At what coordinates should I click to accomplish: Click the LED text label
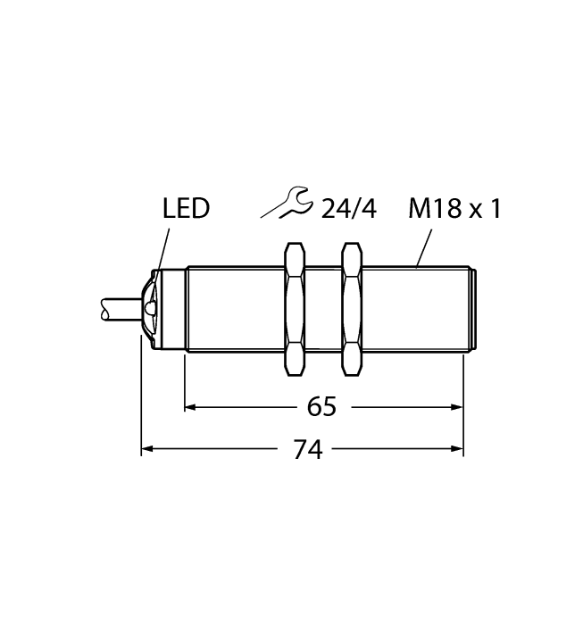pyautogui.click(x=187, y=210)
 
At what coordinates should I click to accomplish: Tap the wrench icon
pyautogui.click(x=287, y=203)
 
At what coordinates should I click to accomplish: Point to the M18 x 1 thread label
pyautogui.click(x=454, y=210)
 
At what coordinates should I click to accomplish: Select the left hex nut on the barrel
pyautogui.click(x=294, y=308)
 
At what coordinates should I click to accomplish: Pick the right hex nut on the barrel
pyautogui.click(x=353, y=308)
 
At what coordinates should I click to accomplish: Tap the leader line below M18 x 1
pyautogui.click(x=425, y=248)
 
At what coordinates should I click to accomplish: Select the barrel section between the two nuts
pyautogui.click(x=323, y=308)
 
